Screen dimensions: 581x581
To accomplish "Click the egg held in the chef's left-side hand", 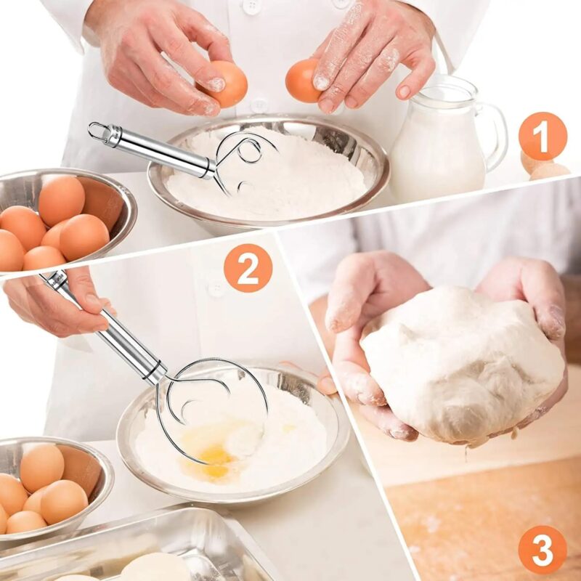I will tap(224, 84).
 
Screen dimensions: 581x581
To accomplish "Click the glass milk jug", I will tap(436, 145).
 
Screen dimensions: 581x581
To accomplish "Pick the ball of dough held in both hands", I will tap(458, 363).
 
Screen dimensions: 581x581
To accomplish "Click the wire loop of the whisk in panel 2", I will tap(211, 407).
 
